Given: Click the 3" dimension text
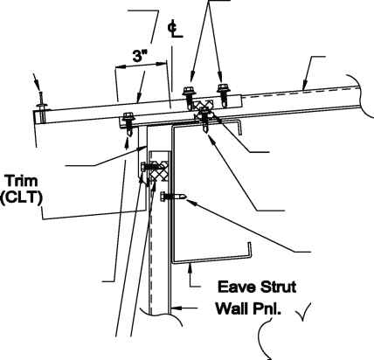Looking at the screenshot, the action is [x=140, y=55].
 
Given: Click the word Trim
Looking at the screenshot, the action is [x=22, y=181].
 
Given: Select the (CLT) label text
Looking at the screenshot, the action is [x=21, y=198].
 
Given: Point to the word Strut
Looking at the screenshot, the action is [x=278, y=287].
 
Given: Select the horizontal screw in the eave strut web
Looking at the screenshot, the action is [x=172, y=197].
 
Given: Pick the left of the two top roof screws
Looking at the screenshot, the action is [x=188, y=98].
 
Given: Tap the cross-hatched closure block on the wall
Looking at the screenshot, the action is [x=158, y=172].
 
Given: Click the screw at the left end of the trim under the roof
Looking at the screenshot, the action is [x=128, y=123].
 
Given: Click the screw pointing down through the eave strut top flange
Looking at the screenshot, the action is [x=205, y=120].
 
